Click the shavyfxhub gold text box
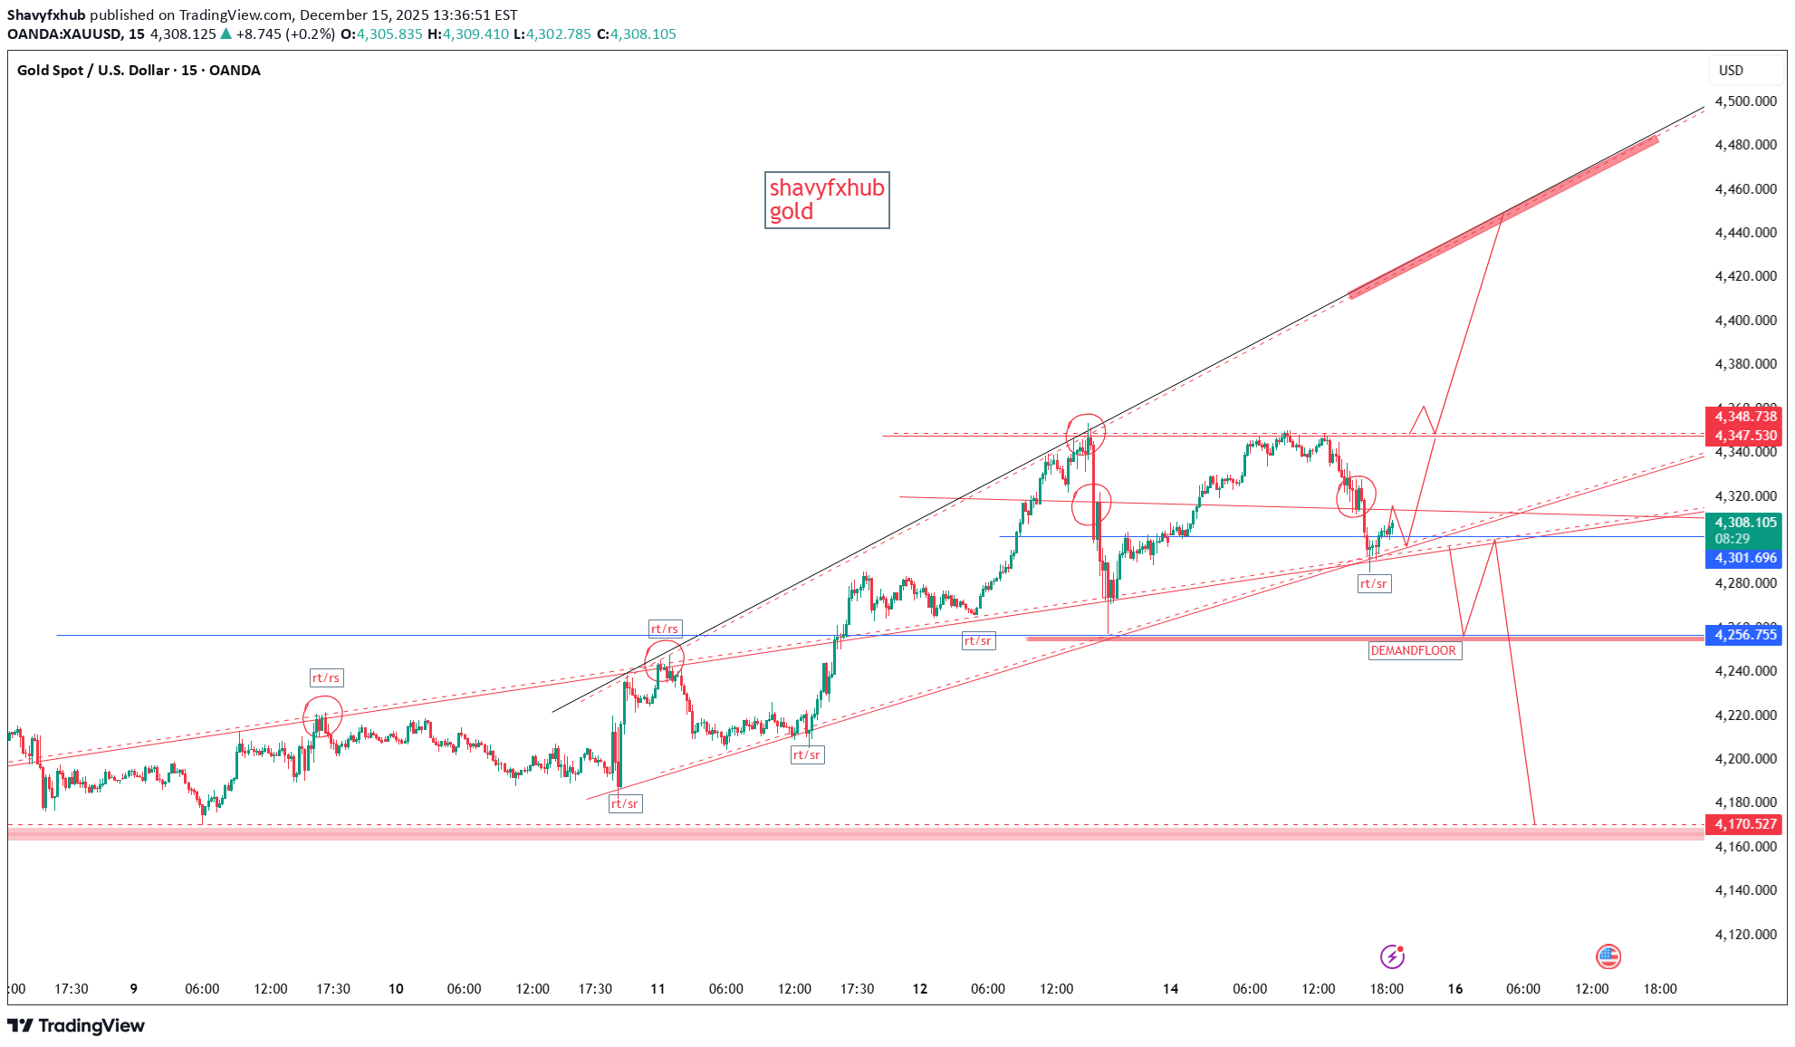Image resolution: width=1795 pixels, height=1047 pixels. pyautogui.click(x=826, y=200)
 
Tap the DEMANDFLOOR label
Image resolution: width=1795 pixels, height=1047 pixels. pyautogui.click(x=1414, y=650)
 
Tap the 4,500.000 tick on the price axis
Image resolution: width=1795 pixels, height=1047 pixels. pyautogui.click(x=1745, y=101)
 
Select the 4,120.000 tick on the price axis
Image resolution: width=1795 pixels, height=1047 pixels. pyautogui.click(x=1745, y=934)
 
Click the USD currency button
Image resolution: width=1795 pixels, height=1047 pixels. pyautogui.click(x=1731, y=71)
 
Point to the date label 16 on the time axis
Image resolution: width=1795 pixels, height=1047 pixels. pyautogui.click(x=1454, y=989)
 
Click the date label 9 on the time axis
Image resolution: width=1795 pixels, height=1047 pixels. pyautogui.click(x=134, y=989)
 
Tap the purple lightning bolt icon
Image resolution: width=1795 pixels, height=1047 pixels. pyautogui.click(x=1392, y=956)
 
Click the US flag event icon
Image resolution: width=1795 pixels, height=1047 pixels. pyautogui.click(x=1608, y=956)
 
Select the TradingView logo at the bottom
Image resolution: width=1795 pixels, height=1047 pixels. pyautogui.click(x=76, y=1025)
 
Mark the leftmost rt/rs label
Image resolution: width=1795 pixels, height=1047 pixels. pyautogui.click(x=326, y=677)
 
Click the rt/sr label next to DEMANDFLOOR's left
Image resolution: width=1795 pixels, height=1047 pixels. pyautogui.click(x=978, y=641)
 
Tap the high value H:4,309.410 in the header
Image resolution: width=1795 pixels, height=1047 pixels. pyautogui.click(x=468, y=34)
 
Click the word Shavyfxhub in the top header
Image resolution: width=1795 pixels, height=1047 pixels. pyautogui.click(x=46, y=15)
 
